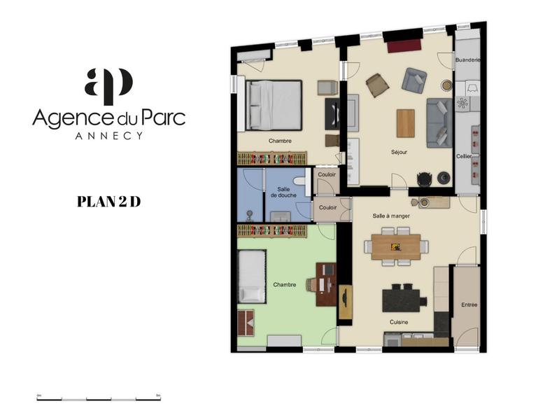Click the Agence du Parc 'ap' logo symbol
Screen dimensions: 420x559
108,83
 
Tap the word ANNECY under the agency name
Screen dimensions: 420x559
108,135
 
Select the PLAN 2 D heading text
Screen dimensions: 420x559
108,202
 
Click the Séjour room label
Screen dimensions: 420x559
399,152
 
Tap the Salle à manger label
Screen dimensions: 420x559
391,216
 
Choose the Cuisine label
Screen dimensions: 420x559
399,322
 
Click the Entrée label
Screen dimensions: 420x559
469,304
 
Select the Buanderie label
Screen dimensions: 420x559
467,60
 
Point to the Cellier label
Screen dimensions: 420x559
464,157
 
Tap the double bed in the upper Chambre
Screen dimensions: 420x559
274,105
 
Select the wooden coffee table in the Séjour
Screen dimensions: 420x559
405,123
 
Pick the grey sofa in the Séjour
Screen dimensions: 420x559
439,122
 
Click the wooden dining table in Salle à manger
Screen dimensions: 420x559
396,246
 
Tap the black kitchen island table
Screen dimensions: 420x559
404,300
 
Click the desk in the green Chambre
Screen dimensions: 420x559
325,283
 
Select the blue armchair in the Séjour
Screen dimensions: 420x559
413,80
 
